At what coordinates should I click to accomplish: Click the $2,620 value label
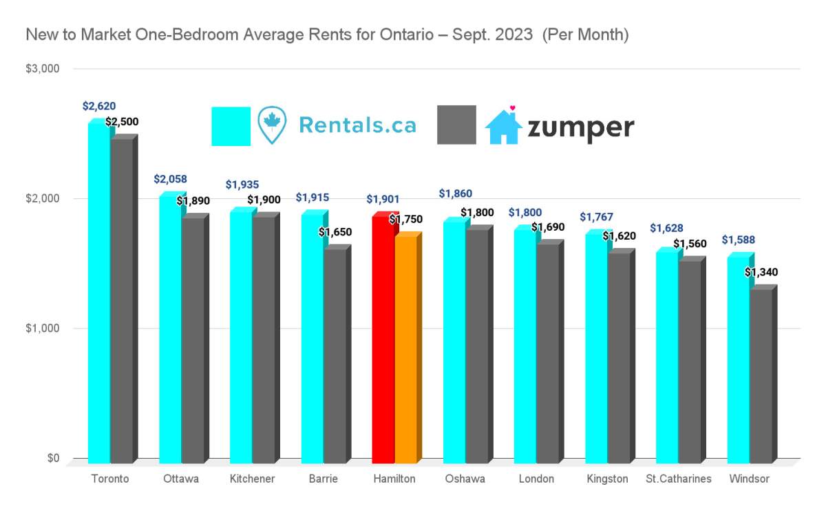click(99, 106)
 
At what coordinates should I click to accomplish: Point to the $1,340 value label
click(761, 272)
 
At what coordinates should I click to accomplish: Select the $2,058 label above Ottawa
click(170, 179)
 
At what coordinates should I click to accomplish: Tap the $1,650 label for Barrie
click(335, 232)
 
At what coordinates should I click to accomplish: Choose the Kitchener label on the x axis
click(253, 479)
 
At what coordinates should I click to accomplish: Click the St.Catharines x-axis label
click(679, 479)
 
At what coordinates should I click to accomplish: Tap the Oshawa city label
click(465, 479)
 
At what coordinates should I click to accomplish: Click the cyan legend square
click(231, 126)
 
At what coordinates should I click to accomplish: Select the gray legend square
click(456, 125)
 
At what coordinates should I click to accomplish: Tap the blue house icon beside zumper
click(504, 126)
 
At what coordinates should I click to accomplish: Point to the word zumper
click(580, 127)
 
